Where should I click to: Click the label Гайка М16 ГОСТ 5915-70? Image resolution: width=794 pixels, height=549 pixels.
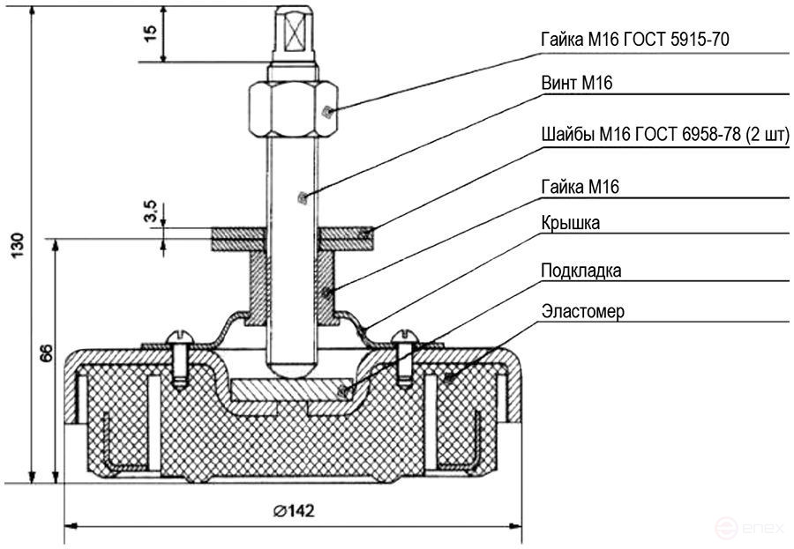click(634, 39)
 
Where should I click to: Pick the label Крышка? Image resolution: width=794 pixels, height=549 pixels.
click(571, 223)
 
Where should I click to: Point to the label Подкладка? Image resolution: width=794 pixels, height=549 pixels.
click(581, 270)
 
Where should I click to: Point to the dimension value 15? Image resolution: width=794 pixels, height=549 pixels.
click(149, 33)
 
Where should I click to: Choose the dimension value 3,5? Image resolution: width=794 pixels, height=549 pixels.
click(150, 212)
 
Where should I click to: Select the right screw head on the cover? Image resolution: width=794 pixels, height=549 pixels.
click(406, 338)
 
